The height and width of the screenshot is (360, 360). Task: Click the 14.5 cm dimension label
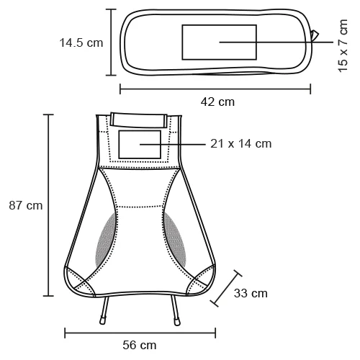click(x=81, y=42)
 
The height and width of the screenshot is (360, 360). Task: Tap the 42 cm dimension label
click(x=217, y=102)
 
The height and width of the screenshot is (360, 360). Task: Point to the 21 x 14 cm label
click(x=241, y=144)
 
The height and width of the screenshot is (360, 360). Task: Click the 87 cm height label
click(x=25, y=205)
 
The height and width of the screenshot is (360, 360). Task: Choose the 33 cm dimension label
click(x=251, y=293)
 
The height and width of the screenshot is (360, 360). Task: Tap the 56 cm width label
click(x=139, y=346)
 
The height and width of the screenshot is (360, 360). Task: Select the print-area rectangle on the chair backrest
click(x=140, y=145)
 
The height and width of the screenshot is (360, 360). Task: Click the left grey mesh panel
click(x=104, y=236)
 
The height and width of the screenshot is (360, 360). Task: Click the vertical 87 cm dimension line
click(x=49, y=205)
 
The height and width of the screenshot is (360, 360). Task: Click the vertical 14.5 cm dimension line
click(x=111, y=42)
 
